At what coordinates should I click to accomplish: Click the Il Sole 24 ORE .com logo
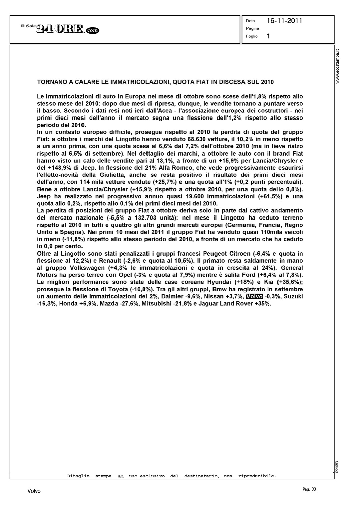(x=60, y=30)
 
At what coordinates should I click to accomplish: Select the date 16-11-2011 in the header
(x=284, y=21)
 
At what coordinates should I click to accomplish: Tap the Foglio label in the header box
(x=252, y=36)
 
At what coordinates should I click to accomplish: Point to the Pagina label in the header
(x=252, y=28)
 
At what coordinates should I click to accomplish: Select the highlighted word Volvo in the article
(x=254, y=296)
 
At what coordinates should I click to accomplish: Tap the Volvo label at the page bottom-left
(x=34, y=491)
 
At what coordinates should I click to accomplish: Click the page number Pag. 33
(x=309, y=489)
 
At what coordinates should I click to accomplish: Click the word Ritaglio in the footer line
(x=78, y=476)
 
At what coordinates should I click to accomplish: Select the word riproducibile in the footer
(x=257, y=476)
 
